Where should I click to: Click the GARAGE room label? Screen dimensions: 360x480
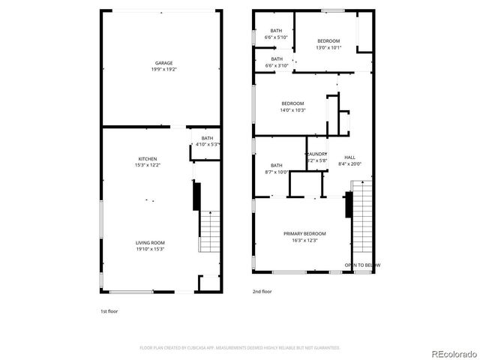pyautogui.click(x=164, y=63)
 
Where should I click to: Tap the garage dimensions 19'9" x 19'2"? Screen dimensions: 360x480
pyautogui.click(x=164, y=69)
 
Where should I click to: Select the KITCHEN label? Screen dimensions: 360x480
pyautogui.click(x=147, y=159)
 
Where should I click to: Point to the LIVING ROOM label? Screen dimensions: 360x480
pyautogui.click(x=150, y=242)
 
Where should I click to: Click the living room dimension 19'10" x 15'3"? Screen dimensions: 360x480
pyautogui.click(x=150, y=248)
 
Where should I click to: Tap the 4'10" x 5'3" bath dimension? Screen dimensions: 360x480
pyautogui.click(x=207, y=144)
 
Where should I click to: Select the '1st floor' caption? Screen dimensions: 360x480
pyautogui.click(x=109, y=310)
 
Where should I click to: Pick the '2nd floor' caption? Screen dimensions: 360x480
pyautogui.click(x=262, y=291)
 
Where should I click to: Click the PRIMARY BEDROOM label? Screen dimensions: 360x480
pyautogui.click(x=304, y=234)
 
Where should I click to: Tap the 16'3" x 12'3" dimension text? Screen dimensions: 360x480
pyautogui.click(x=304, y=240)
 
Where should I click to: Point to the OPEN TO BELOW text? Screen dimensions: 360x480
pyautogui.click(x=362, y=265)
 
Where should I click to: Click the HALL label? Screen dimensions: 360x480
pyautogui.click(x=349, y=157)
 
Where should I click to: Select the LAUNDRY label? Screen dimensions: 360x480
pyautogui.click(x=316, y=154)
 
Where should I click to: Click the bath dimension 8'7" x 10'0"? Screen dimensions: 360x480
pyautogui.click(x=277, y=172)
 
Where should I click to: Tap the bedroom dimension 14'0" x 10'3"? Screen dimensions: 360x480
pyautogui.click(x=292, y=109)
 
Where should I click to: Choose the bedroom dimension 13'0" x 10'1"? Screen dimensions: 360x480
pyautogui.click(x=328, y=47)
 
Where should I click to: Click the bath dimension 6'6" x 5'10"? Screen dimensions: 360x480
pyautogui.click(x=277, y=37)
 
